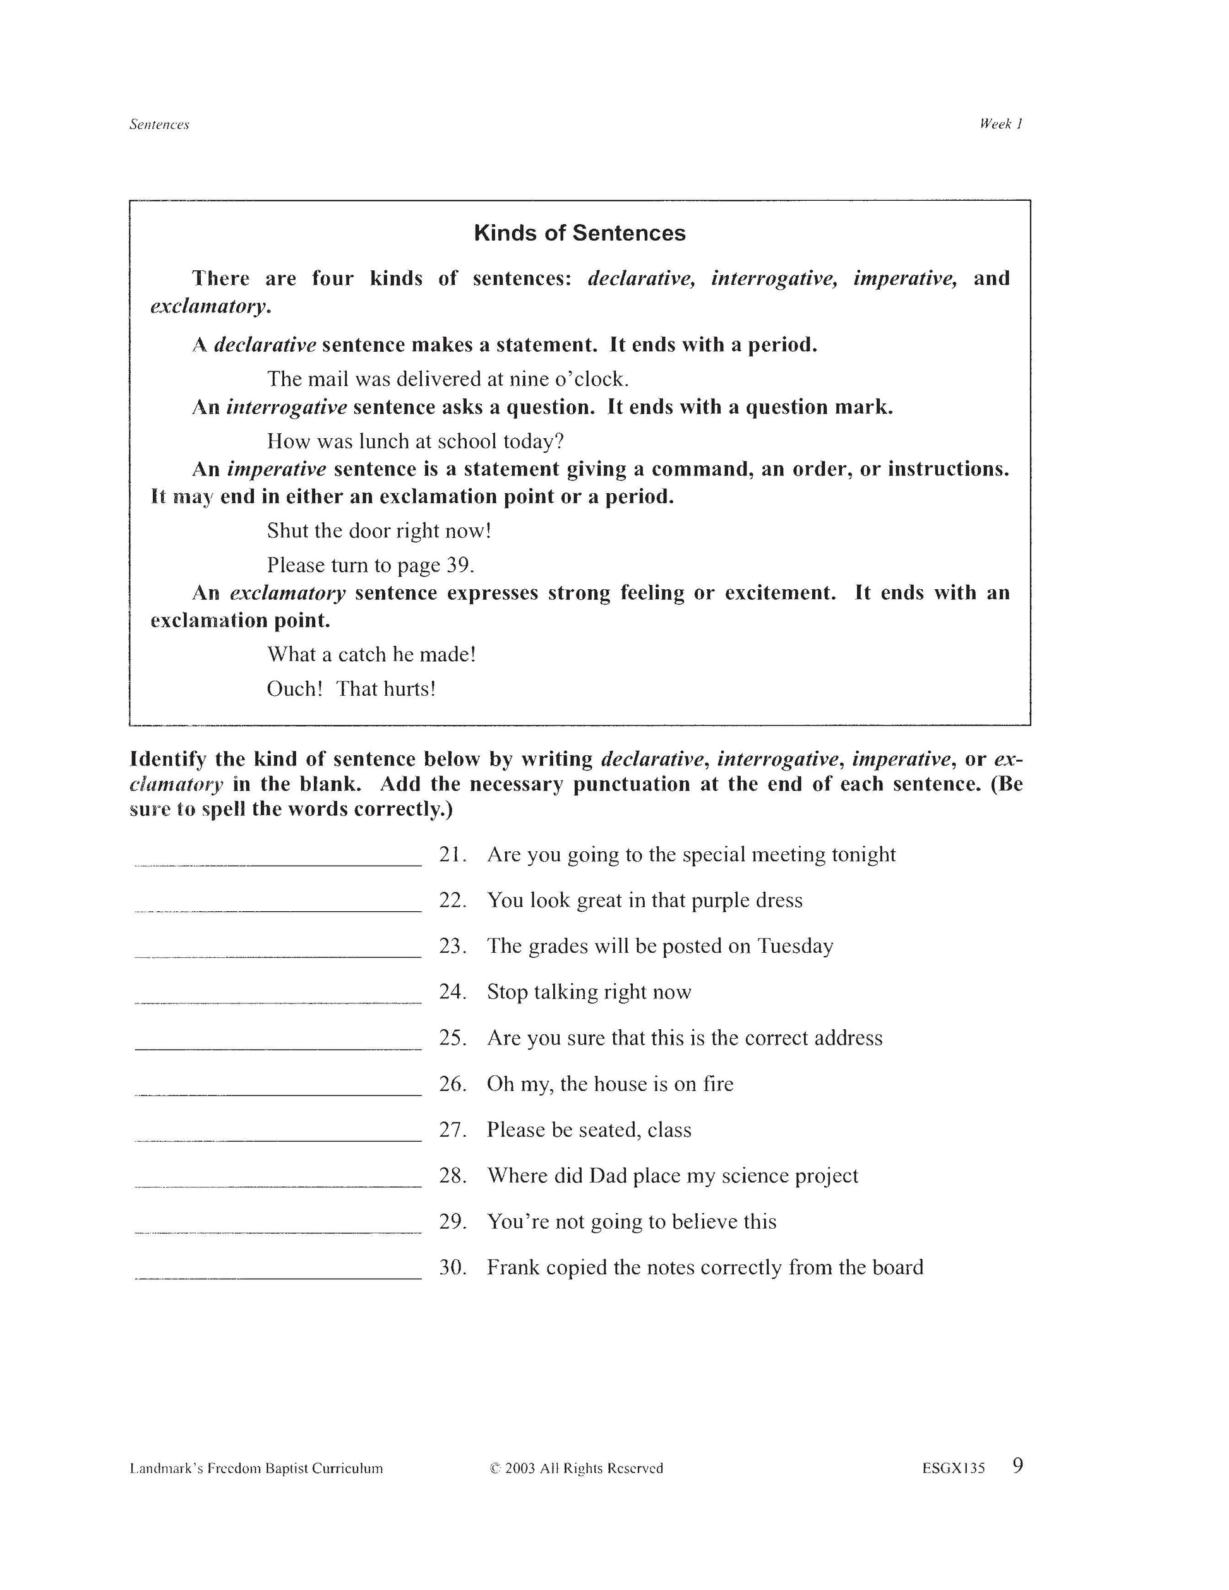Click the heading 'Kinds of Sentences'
point(580,233)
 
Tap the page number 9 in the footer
point(1017,1466)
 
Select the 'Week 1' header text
point(1001,124)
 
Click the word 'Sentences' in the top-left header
point(159,124)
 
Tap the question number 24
point(452,992)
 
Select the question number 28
point(452,1176)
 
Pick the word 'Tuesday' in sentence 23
point(795,947)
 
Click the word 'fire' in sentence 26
point(718,1084)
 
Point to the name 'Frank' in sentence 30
point(513,1267)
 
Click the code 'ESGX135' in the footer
point(953,1468)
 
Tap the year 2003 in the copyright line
point(520,1468)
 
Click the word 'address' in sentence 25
point(848,1038)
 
